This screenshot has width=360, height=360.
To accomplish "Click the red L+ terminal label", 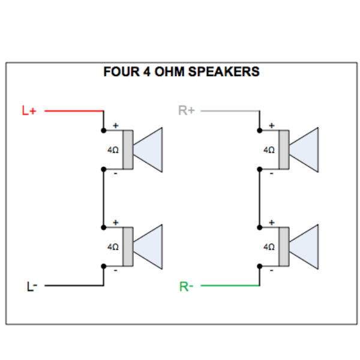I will point(29,111).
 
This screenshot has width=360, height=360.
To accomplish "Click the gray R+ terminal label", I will point(187,111).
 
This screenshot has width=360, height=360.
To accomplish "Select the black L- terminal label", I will point(32,286).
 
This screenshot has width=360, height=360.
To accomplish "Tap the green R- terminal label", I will point(187,286).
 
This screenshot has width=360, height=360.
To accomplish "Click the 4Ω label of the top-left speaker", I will point(112,149).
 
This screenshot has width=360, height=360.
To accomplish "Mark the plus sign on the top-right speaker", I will point(272,125).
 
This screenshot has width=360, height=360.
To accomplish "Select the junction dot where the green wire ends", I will point(259,266).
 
